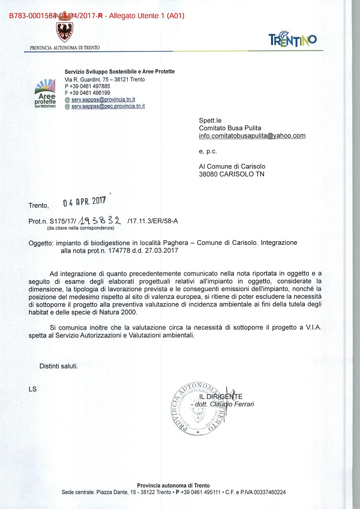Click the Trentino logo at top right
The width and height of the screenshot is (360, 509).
[x=292, y=40]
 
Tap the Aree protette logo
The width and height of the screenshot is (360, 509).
[x=46, y=94]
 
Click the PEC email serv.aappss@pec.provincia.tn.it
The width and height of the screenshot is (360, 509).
[x=108, y=106]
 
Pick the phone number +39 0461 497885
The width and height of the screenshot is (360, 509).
[x=91, y=86]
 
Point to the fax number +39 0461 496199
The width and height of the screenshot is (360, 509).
[x=91, y=93]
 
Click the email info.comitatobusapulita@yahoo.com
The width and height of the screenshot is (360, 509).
[x=252, y=136]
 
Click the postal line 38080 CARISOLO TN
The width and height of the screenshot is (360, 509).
[x=232, y=174]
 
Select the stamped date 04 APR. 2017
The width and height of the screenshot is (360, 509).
[x=85, y=202]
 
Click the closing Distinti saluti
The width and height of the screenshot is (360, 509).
[x=59, y=366]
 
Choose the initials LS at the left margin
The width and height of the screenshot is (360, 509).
[x=32, y=390]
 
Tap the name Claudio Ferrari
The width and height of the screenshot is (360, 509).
[x=232, y=404]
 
